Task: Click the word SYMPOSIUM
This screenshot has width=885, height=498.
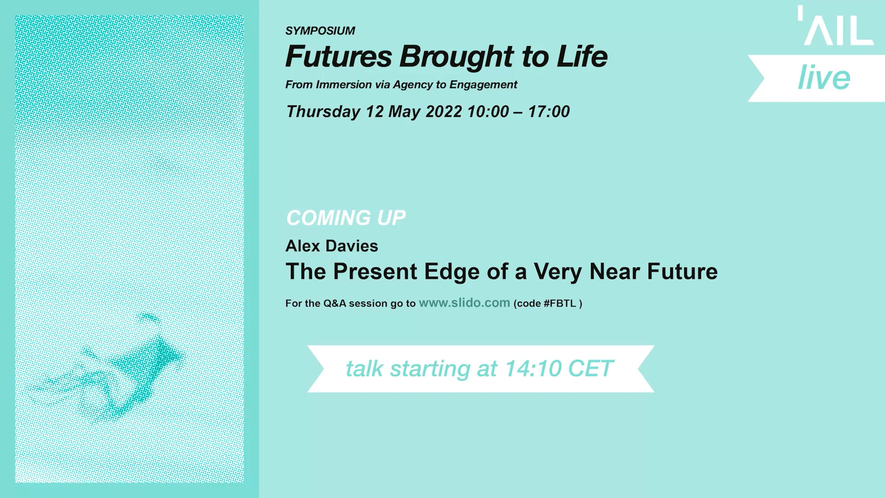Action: click(x=320, y=31)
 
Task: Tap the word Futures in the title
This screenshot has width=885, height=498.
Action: click(x=339, y=56)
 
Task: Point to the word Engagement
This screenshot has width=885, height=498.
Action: click(x=483, y=85)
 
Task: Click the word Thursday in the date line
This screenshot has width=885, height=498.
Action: click(x=323, y=112)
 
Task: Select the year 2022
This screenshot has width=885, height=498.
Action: click(x=444, y=111)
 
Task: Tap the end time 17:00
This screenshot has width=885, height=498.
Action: click(x=549, y=111)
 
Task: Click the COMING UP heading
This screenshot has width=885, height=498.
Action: click(x=346, y=218)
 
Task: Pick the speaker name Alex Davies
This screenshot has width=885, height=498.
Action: click(x=332, y=246)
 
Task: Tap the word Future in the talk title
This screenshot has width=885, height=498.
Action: click(x=682, y=272)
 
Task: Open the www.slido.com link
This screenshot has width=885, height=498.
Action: click(x=464, y=303)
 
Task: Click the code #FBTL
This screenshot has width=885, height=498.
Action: click(x=560, y=303)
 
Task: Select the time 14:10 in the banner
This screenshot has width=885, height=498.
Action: click(x=533, y=369)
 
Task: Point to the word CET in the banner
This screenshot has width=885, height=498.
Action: click(x=591, y=369)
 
